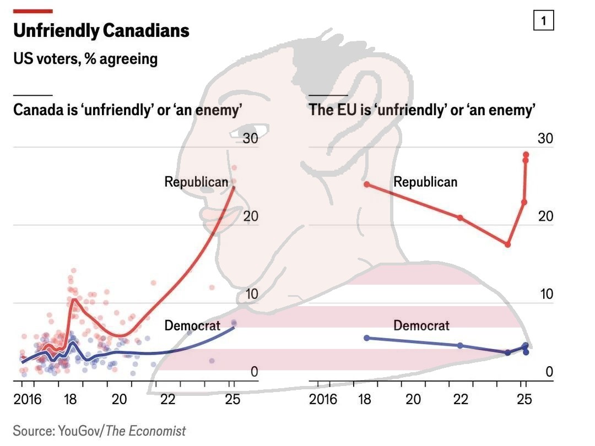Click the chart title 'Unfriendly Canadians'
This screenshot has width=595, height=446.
pos(101,31)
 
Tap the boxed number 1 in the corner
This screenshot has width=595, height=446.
pos(544,21)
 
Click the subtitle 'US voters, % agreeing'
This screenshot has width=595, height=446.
pos(85,58)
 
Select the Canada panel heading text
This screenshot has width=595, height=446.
pos(128,110)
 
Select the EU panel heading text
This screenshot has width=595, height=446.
pos(423,110)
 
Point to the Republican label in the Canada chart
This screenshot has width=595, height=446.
pos(196,182)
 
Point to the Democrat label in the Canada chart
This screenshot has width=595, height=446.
pos(192,326)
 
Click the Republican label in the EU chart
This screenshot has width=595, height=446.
pos(425,182)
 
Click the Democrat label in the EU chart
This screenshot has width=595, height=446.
pos(421,326)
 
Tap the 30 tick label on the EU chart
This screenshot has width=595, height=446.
pos(545,138)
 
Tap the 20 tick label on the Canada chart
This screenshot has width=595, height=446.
pos(251,216)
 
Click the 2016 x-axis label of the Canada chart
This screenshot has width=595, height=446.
pos(28,399)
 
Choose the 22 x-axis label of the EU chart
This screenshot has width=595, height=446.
pos(461,399)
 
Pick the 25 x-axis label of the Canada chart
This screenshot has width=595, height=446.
pos(233,399)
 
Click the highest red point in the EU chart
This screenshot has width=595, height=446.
pos(526,155)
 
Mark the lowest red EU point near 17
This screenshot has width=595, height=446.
pos(508,244)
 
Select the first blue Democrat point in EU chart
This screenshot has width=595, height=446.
pos(367,338)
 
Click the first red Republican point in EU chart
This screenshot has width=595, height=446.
pos(367,184)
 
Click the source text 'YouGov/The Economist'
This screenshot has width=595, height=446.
pos(99,431)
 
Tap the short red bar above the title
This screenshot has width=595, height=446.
pos(33,11)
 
